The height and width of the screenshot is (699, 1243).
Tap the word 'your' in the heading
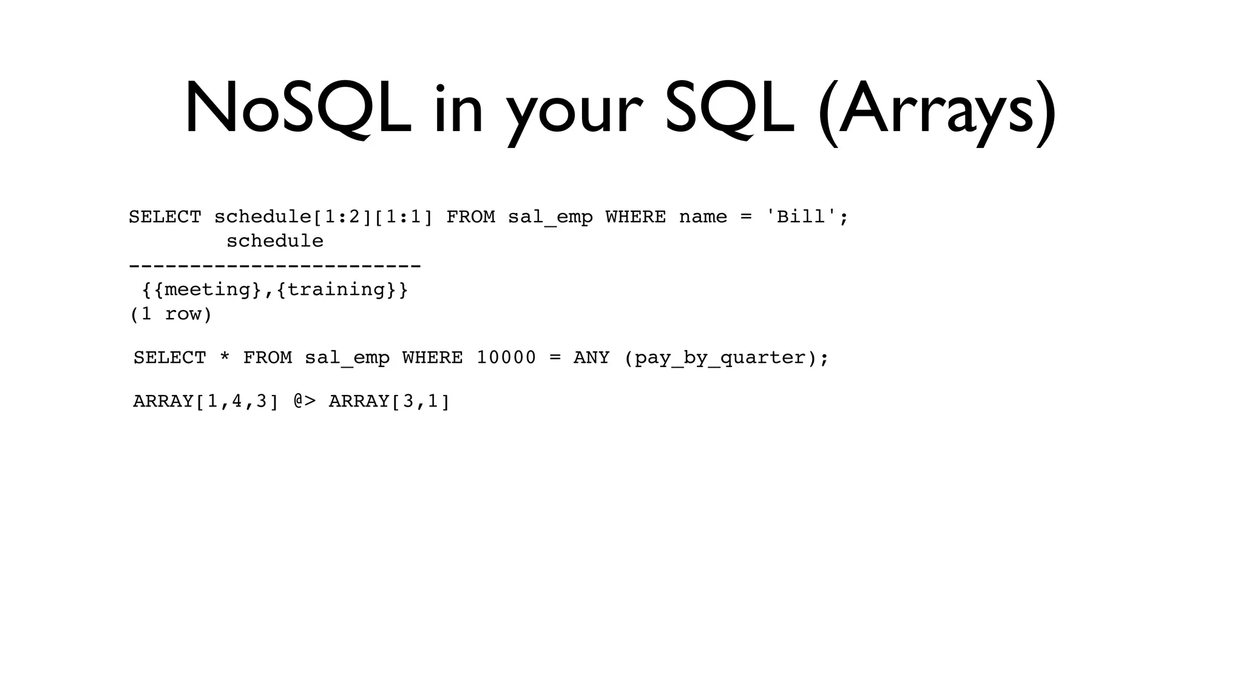point(574,112)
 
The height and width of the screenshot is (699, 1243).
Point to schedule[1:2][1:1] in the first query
point(323,217)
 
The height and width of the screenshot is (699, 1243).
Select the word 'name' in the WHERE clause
point(703,217)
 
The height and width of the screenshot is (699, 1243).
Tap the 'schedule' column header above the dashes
point(274,241)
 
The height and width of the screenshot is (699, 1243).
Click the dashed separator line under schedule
point(274,266)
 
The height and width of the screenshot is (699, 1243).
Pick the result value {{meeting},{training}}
point(275,289)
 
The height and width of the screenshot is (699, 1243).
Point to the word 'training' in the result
point(336,289)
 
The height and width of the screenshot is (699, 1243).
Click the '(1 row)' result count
point(171,314)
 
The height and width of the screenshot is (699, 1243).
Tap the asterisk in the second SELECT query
point(225,358)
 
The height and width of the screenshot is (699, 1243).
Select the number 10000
point(506,358)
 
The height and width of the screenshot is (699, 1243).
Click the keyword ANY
point(591,358)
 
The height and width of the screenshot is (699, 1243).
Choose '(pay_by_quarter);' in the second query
point(726,358)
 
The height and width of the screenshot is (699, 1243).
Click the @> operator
point(305,401)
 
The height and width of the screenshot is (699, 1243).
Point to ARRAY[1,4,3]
point(206,402)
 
